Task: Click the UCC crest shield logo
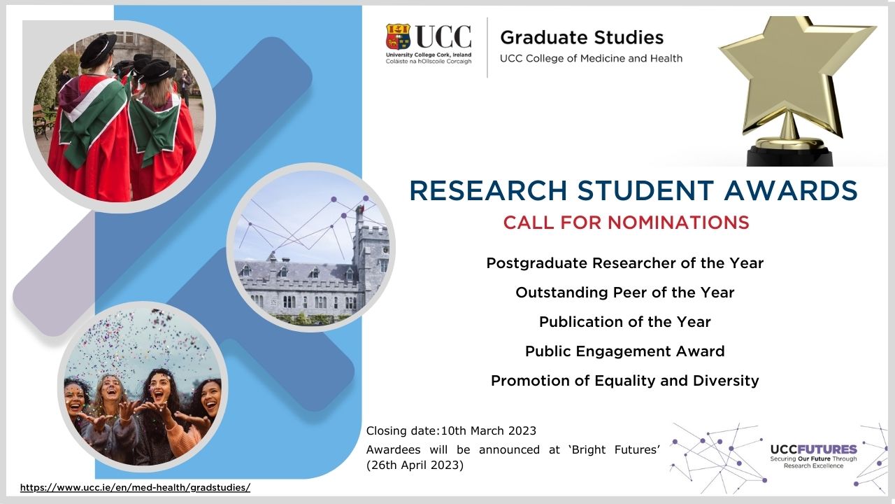coord(398,36)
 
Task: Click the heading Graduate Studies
coord(582,38)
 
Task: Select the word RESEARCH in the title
coord(488,190)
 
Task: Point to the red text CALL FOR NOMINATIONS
coord(626,223)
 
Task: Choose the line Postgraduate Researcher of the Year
coord(625,263)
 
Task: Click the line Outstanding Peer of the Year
coord(625,293)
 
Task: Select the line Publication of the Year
coord(625,322)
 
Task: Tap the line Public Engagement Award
coord(625,351)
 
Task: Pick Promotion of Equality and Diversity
coord(625,381)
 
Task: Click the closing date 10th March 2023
coord(489,430)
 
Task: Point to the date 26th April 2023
coord(415,465)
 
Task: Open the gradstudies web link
coord(135,488)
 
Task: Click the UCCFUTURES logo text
coord(813,449)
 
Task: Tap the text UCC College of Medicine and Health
coord(592,58)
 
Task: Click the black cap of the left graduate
coord(99,50)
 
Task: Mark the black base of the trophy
coord(790,156)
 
